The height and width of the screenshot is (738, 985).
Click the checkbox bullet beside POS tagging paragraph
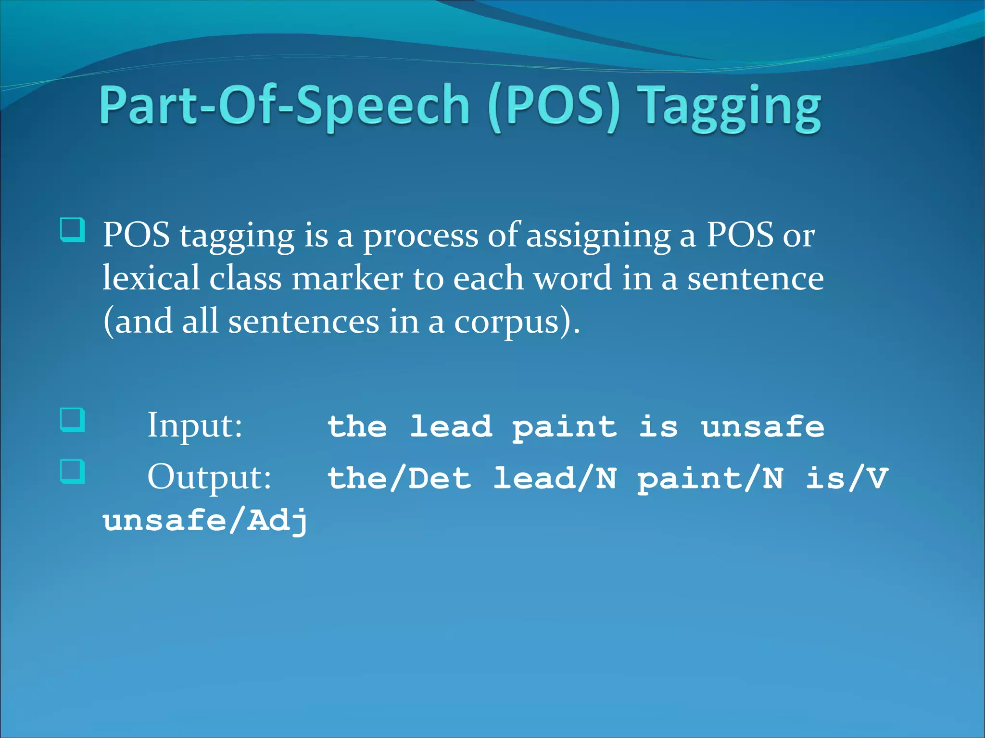(72, 230)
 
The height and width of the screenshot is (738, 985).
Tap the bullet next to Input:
(72, 420)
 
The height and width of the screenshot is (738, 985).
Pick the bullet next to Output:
(72, 472)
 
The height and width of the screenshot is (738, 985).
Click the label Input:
(195, 425)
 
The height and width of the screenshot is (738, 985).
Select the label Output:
(209, 477)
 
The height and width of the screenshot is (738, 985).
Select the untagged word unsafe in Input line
(762, 426)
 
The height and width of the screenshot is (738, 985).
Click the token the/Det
(399, 478)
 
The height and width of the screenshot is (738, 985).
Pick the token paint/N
(710, 478)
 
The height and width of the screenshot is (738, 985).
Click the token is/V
(846, 478)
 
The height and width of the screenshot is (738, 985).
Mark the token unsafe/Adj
(205, 521)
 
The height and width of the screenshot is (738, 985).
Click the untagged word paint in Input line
(564, 426)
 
